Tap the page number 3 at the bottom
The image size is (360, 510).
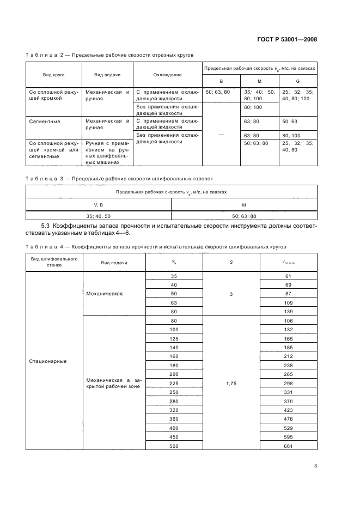pyautogui.click(x=315, y=466)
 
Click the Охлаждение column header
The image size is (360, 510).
pyautogui.click(x=167, y=75)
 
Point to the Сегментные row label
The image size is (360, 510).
pyautogui.click(x=45, y=122)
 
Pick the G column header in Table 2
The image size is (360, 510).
pyautogui.click(x=297, y=81)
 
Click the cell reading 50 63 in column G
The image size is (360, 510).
pyautogui.click(x=289, y=122)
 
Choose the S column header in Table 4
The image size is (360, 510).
pyautogui.click(x=231, y=263)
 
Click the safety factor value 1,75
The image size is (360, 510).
pyautogui.click(x=231, y=383)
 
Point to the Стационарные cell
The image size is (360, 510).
pyautogui.click(x=48, y=361)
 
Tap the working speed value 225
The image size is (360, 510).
pyautogui.click(x=174, y=383)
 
